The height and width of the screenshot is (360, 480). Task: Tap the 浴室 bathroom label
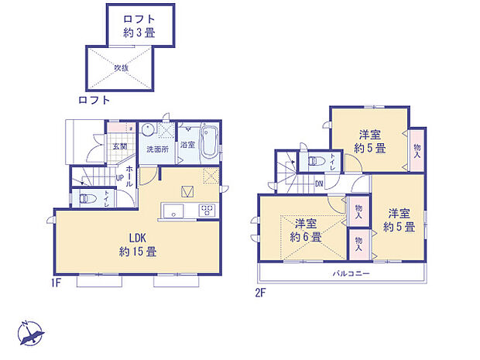click(x=188, y=145)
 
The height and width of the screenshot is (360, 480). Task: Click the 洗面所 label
click(x=158, y=149)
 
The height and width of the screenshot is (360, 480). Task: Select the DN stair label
click(x=319, y=184)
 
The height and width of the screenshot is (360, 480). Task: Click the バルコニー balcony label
click(x=352, y=275)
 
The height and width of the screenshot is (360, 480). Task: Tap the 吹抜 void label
click(x=122, y=67)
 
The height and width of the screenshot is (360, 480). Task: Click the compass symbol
click(x=31, y=333)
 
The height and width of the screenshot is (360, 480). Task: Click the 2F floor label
click(x=262, y=293)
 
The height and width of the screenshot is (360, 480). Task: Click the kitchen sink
click(x=173, y=211)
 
